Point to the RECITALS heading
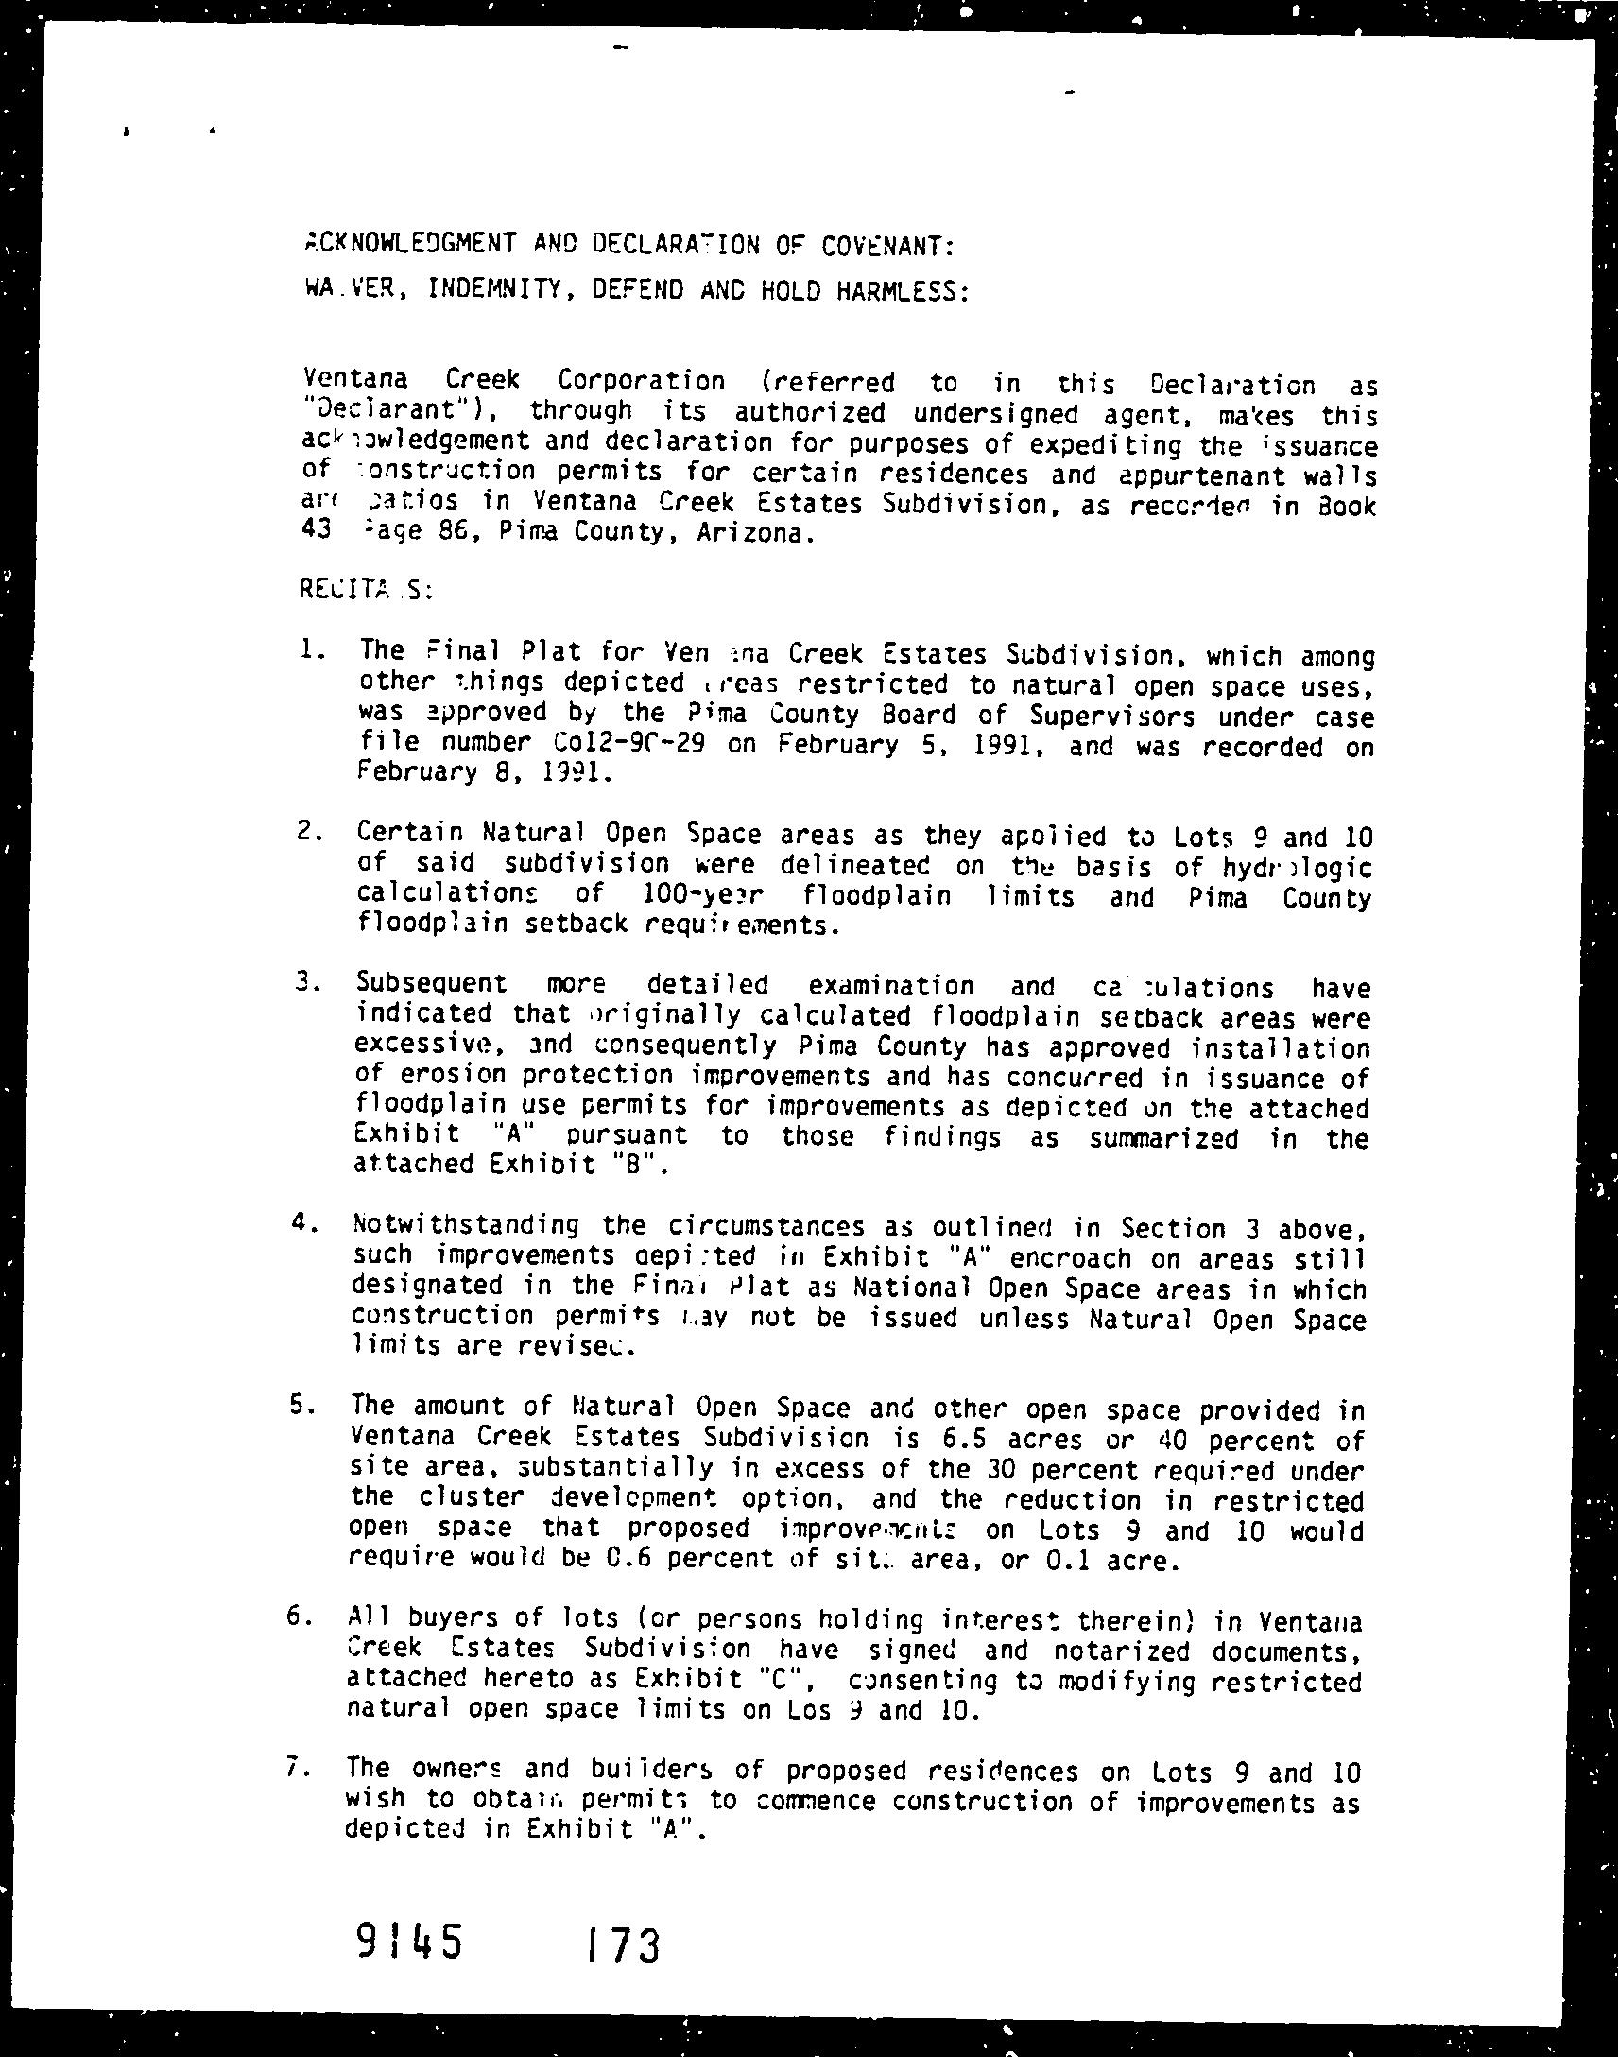(366, 588)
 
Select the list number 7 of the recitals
(295, 1767)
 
